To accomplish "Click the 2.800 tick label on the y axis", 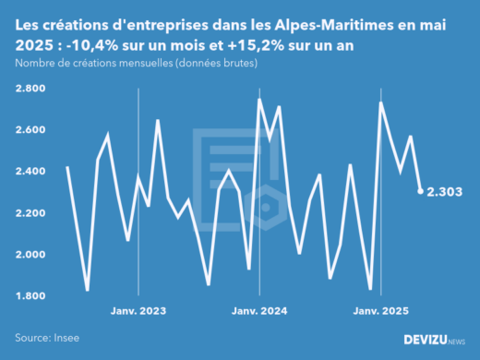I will (33, 88).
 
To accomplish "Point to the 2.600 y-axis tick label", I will (33, 129).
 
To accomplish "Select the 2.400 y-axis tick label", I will (33, 171).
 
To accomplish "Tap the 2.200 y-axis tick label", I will (33, 212).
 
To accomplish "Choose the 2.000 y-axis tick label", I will (33, 254).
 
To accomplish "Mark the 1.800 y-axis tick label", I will (33, 295).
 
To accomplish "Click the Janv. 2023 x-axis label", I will (138, 312).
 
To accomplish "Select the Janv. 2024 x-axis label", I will (258, 312).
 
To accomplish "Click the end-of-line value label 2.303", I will (445, 192).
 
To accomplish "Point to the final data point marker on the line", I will (421, 191).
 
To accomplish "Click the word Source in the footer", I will (34, 339).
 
